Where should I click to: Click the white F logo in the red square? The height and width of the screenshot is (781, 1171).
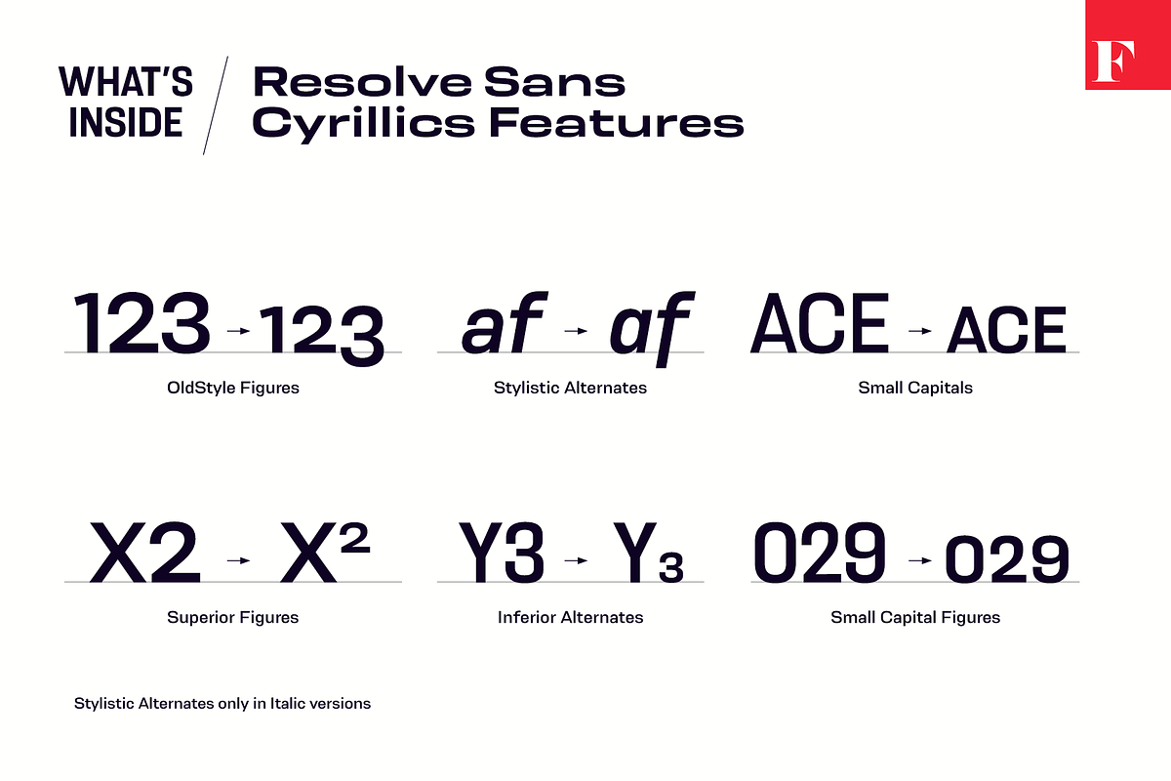tap(1113, 62)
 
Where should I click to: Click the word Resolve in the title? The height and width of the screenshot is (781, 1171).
tap(362, 82)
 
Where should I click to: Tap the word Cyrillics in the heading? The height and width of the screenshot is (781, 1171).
tap(363, 124)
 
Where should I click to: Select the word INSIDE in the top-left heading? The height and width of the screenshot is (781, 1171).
tap(126, 122)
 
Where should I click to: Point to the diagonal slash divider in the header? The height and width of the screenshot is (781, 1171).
tap(216, 105)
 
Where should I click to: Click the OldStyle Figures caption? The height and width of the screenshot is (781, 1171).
tap(232, 388)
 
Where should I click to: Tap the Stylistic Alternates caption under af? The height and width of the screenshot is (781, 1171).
tap(570, 388)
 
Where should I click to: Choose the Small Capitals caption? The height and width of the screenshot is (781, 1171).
tap(915, 388)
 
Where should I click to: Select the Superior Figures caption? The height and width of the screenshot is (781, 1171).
tap(232, 617)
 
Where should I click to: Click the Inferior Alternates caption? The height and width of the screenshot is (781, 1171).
tap(570, 617)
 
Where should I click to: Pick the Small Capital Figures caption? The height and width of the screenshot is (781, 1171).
tap(915, 617)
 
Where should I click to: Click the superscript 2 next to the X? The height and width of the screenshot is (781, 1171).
tap(355, 538)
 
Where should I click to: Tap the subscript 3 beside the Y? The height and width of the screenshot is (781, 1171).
tap(671, 567)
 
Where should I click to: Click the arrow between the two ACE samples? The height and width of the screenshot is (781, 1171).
tap(920, 331)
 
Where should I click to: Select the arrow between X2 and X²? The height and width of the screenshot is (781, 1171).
tap(238, 560)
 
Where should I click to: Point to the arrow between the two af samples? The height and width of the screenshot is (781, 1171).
tap(576, 331)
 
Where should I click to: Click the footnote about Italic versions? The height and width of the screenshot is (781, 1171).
tap(222, 704)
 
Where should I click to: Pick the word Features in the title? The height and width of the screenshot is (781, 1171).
tap(617, 122)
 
